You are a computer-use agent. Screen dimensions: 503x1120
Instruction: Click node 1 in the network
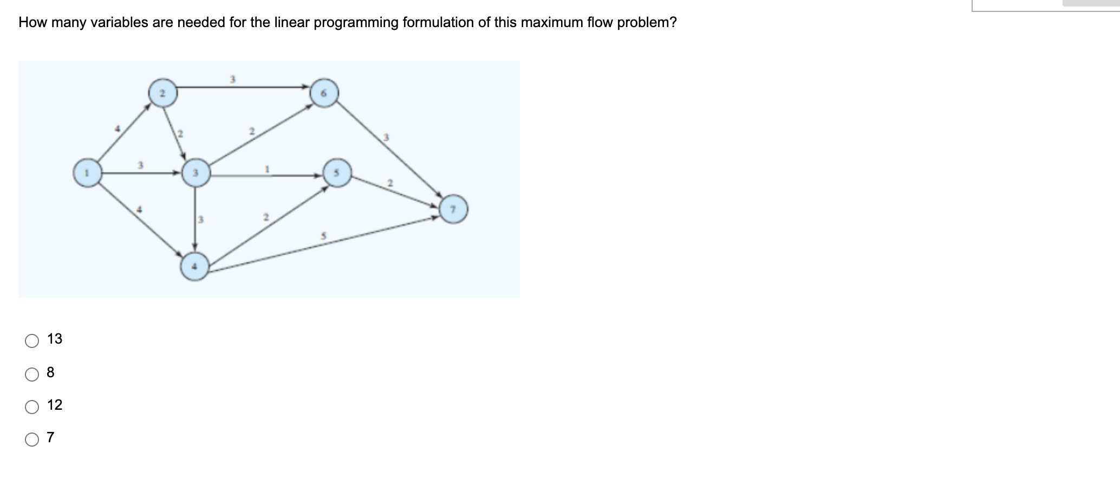tap(88, 172)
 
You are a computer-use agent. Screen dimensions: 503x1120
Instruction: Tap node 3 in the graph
tap(196, 172)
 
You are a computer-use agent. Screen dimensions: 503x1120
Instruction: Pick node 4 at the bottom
tap(195, 266)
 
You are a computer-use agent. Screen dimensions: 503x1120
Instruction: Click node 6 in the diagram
tap(324, 93)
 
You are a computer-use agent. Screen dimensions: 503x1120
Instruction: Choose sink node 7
tap(454, 209)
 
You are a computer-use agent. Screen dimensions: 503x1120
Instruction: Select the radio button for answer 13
tap(32, 340)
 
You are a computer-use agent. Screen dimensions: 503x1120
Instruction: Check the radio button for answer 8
tap(32, 373)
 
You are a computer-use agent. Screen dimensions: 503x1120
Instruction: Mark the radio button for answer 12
tap(32, 407)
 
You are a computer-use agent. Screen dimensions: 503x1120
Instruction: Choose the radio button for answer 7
tap(32, 439)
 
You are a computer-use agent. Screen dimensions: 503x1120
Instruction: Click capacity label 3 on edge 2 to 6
tap(232, 79)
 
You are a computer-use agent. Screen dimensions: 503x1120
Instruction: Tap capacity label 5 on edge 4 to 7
tap(323, 236)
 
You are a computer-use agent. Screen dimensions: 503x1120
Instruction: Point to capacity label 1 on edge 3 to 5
tap(267, 169)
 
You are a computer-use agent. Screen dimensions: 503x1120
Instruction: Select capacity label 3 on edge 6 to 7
tap(386, 137)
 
